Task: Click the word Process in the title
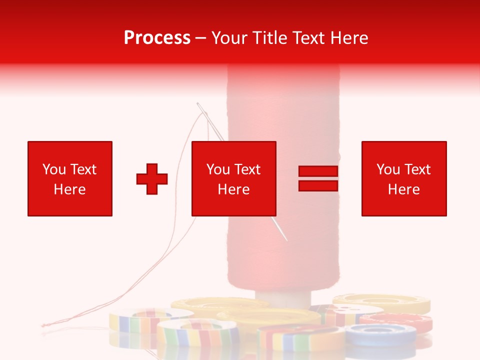157,37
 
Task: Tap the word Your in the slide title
229,37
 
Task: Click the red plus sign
152,178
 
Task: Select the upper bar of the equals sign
318,171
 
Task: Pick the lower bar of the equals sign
318,185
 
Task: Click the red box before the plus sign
70,178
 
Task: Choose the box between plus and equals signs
233,178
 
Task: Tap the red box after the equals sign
403,178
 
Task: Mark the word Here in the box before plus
69,189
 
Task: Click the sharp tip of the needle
287,240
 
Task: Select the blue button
380,333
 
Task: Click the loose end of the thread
43,325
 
